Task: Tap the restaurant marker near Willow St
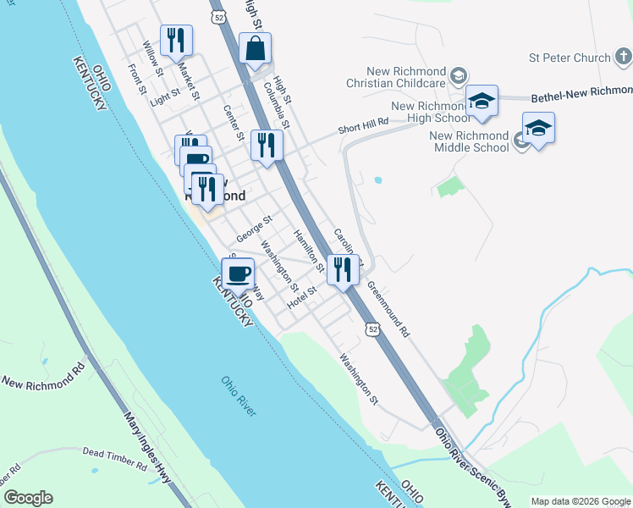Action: click(x=176, y=40)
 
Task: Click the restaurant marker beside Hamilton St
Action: click(x=342, y=269)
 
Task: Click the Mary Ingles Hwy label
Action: click(x=147, y=449)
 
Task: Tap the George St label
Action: click(x=254, y=229)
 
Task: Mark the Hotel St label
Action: click(x=300, y=297)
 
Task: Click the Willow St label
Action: click(x=153, y=57)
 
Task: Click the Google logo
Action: click(x=28, y=498)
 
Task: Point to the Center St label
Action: click(x=234, y=122)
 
